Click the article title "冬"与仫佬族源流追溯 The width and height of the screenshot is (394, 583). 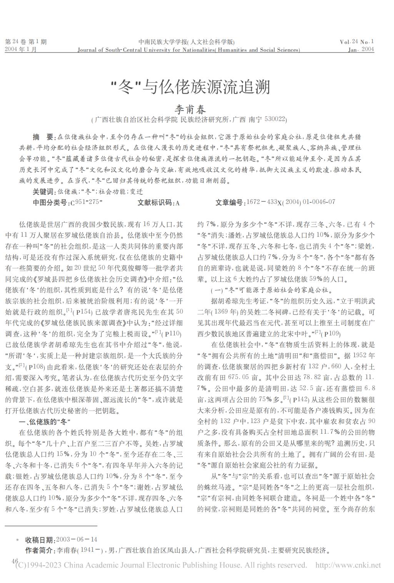[190, 87]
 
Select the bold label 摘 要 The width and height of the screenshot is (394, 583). [44, 137]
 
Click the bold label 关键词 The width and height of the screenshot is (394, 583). [44, 192]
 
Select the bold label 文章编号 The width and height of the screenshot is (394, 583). [230, 202]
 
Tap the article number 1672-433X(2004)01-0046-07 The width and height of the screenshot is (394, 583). [290, 202]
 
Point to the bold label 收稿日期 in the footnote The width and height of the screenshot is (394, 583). [40, 540]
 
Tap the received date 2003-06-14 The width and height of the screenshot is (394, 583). [77, 540]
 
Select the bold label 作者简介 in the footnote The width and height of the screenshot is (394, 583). [40, 550]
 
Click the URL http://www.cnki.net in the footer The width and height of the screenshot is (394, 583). [348, 565]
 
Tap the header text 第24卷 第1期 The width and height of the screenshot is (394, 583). [25, 42]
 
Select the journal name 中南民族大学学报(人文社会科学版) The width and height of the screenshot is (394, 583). [186, 42]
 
